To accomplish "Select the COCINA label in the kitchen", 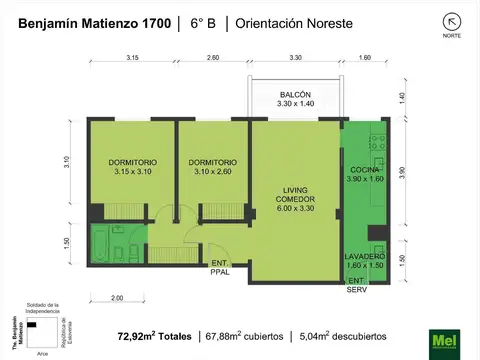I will tap(364, 171).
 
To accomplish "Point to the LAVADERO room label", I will tap(364, 256).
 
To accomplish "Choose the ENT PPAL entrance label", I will tap(218, 267).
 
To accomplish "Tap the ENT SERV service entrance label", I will tap(356, 285).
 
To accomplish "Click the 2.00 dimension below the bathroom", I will tap(117, 298).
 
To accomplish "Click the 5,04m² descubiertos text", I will tap(346, 335).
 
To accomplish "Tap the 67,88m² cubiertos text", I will tap(244, 335).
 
